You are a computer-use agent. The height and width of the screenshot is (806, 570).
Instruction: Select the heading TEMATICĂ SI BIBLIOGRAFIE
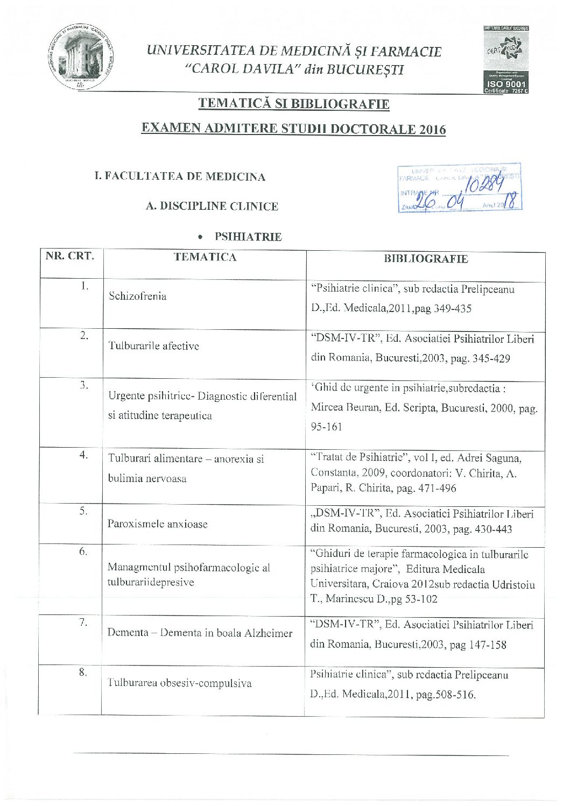tap(293, 103)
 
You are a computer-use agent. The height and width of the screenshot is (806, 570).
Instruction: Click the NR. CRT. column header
tap(70, 256)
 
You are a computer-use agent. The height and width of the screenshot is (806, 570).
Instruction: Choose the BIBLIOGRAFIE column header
tap(425, 259)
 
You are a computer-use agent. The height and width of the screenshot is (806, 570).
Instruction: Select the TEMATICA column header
tap(205, 257)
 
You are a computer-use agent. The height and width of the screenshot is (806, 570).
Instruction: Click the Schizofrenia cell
tap(137, 296)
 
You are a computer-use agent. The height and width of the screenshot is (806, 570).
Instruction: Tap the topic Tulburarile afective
tap(154, 346)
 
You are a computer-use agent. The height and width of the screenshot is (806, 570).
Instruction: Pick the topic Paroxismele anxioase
tap(157, 524)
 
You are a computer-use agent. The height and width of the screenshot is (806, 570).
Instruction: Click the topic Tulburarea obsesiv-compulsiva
tap(180, 683)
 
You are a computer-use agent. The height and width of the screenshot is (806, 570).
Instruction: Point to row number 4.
tap(83, 455)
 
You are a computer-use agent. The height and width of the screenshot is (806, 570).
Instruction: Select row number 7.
tap(83, 622)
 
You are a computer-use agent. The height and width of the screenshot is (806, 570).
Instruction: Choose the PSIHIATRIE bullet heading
tap(248, 237)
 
